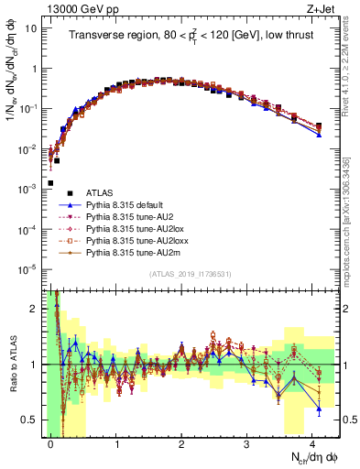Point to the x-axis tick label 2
[182, 443]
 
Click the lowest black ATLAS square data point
[50, 183]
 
